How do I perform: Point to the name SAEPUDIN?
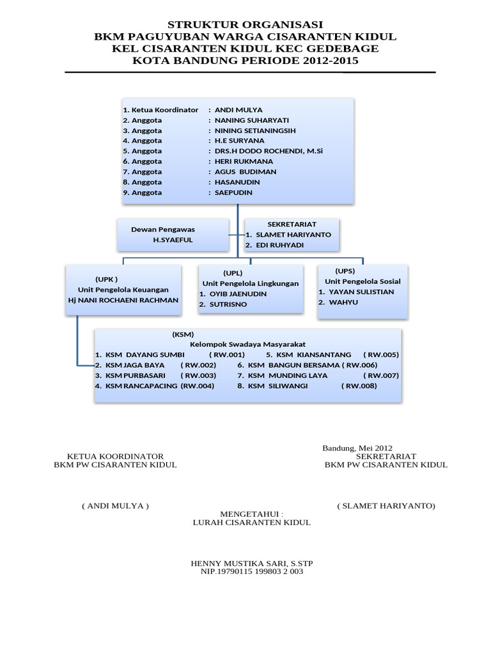(233, 193)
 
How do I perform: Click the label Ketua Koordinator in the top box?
(165, 110)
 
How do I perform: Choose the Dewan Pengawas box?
(173, 234)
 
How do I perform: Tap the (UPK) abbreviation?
(107, 279)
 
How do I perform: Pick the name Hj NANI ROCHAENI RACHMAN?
(123, 300)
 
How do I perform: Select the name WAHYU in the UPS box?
(343, 302)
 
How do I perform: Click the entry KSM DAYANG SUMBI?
(145, 354)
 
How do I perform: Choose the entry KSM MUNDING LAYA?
(288, 375)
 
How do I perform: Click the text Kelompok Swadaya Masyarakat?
(247, 344)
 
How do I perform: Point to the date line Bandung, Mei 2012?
(357, 448)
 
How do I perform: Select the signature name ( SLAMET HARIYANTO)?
(386, 506)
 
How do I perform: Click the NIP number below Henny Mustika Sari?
(252, 572)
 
